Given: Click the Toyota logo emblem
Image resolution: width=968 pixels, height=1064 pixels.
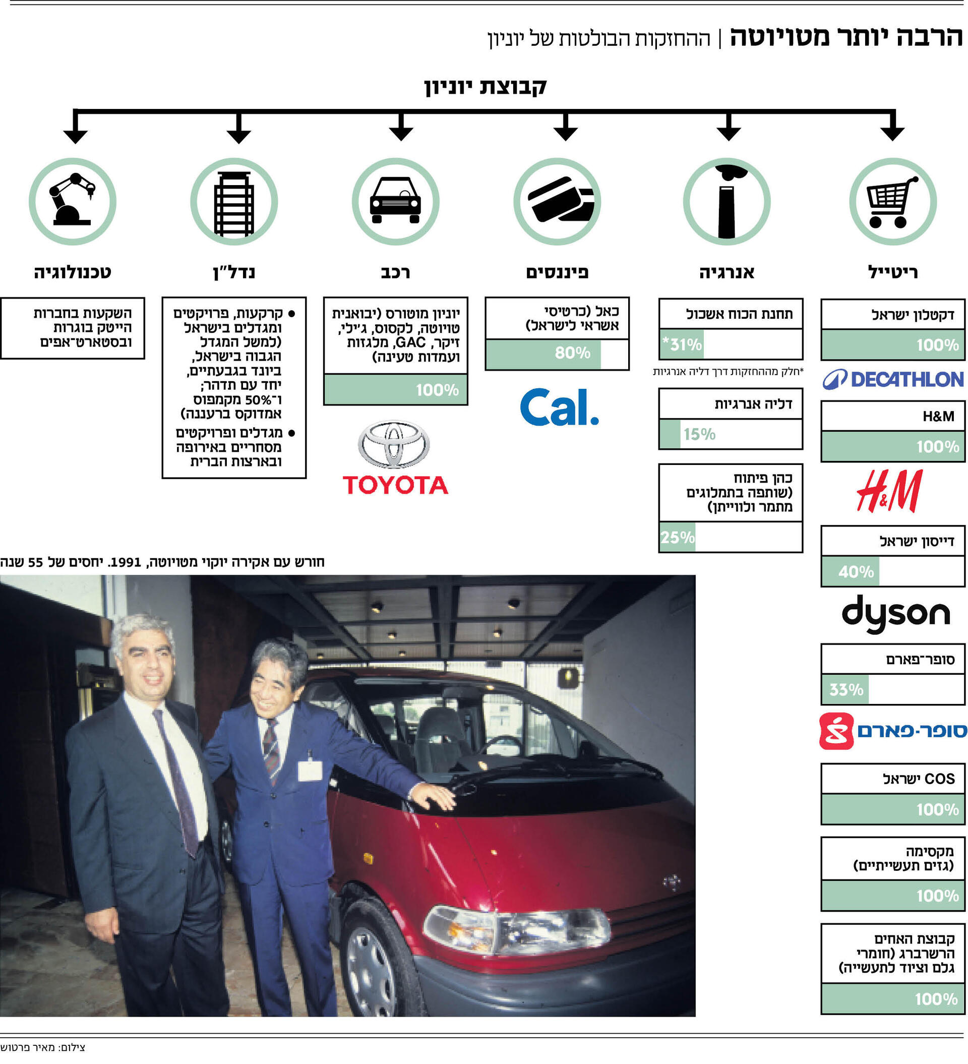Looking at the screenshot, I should tap(394, 444).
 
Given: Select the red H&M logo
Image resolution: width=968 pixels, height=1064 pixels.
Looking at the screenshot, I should tap(890, 491).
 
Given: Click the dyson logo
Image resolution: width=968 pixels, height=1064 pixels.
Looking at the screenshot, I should tap(896, 613).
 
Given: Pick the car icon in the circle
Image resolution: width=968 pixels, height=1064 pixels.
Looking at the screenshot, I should tap(395, 201).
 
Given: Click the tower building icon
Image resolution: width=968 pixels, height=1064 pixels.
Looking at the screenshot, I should tap(234, 203).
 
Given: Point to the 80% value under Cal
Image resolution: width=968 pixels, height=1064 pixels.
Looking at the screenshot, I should tap(572, 352).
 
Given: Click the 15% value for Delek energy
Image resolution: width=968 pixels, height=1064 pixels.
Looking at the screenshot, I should tap(699, 434).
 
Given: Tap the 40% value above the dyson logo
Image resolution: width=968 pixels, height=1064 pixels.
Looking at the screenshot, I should tap(856, 571).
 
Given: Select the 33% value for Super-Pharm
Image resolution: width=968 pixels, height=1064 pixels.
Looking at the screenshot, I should tap(846, 690).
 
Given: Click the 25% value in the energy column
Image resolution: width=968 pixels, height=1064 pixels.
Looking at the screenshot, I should tap(677, 537).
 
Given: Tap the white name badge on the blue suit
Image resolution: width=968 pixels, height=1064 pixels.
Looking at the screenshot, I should tap(310, 771).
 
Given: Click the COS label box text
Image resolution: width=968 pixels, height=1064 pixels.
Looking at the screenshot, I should tap(919, 779).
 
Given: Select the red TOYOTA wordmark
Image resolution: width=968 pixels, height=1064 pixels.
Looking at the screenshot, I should tap(395, 485).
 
